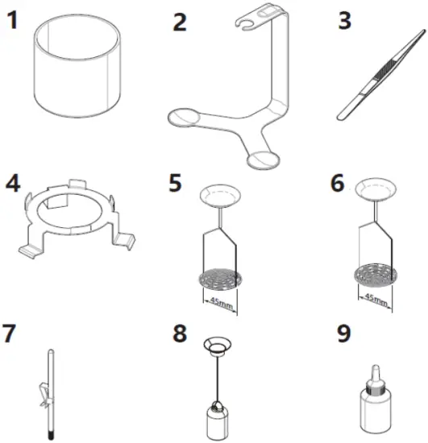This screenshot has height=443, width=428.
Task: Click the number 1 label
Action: click(13, 19)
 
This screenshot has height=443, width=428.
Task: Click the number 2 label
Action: click(180, 21)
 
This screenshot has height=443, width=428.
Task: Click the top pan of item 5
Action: click(218, 194)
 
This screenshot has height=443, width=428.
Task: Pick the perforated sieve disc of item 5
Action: click(218, 279)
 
